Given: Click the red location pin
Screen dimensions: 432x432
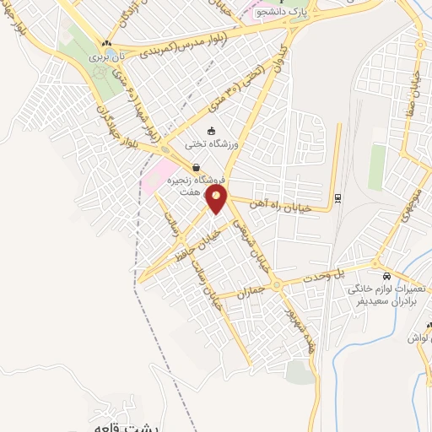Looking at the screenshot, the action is pos(218,200).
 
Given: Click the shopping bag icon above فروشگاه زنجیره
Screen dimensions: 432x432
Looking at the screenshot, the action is pos(196,167).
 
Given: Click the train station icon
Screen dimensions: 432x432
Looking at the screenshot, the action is pos(338,197).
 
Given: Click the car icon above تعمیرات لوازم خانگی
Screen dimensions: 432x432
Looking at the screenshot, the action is pos(386,276).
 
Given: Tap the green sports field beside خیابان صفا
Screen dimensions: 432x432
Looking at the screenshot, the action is pos(376,166).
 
